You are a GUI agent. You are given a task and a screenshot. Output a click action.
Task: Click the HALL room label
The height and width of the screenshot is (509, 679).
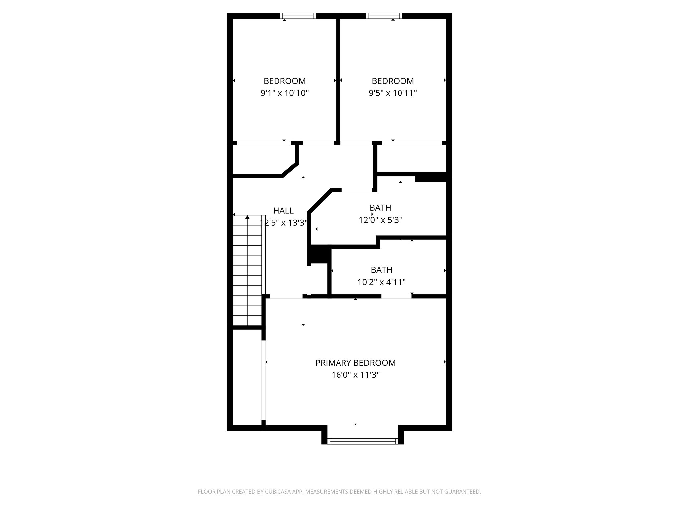283,211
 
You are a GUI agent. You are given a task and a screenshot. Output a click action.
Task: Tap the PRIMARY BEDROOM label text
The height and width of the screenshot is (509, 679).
355,363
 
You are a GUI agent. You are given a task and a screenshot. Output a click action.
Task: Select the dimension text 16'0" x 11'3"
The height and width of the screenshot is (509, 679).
355,375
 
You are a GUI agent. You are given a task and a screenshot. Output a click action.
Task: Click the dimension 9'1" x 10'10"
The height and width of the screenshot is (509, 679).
284,93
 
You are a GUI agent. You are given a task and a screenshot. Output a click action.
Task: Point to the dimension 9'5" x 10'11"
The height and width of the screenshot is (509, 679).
393,93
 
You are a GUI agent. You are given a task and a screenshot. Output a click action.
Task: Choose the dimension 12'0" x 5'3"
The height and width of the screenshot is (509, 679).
380,220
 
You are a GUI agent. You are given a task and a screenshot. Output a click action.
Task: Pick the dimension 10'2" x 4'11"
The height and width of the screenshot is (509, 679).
381,282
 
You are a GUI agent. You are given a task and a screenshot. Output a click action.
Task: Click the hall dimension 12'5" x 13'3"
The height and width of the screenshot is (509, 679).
284,223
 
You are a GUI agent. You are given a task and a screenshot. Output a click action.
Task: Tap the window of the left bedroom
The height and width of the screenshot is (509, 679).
298,16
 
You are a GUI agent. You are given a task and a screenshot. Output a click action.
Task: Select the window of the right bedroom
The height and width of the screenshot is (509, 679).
384,16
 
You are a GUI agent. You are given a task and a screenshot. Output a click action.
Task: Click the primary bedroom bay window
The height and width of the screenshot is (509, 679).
362,441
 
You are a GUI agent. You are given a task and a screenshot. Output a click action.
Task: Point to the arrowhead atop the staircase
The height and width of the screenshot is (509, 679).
247,217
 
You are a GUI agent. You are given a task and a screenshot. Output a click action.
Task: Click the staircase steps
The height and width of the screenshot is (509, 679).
247,272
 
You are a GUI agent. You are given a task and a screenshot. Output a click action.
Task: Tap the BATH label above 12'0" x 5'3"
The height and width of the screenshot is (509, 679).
380,208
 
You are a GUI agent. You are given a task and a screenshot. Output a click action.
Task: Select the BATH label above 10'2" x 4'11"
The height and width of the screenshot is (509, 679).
381,270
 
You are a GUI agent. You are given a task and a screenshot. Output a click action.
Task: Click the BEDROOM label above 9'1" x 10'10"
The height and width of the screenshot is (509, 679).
284,81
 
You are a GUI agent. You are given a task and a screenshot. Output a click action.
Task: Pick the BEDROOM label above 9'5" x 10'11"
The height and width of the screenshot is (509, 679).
393,81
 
